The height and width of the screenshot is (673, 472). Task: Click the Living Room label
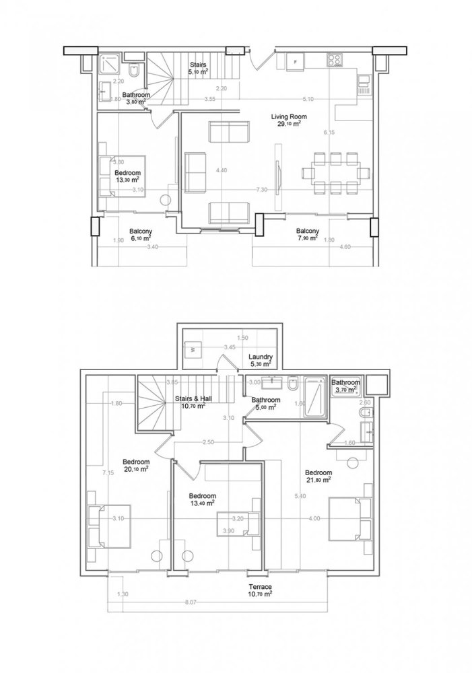pos(285,116)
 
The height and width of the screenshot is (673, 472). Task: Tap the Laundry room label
pos(259,357)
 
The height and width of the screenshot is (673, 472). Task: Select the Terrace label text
pos(259,586)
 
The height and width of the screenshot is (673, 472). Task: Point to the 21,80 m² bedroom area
pos(318,480)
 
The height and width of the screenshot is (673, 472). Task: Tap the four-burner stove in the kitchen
pos(333,61)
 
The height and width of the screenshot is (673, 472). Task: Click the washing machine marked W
pos(193,350)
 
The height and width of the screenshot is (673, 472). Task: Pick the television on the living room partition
pos(275,172)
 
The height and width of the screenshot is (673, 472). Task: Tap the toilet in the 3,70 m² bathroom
pos(366,411)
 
